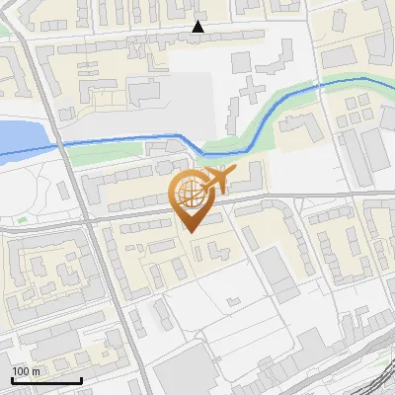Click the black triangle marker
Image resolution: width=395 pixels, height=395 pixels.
point(198,27)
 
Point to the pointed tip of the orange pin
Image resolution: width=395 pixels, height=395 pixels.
point(189,231)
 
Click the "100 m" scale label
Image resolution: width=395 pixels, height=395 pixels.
point(26,371)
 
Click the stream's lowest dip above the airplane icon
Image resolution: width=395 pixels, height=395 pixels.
point(211,153)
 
